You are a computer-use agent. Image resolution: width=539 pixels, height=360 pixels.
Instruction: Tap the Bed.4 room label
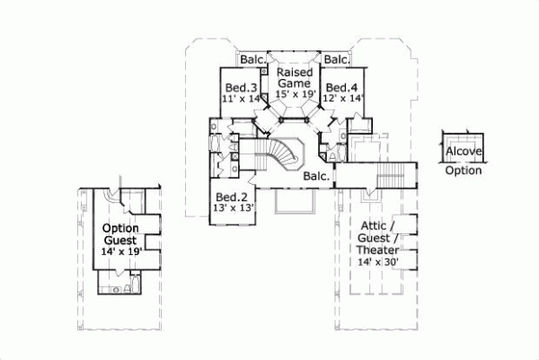point(342,87)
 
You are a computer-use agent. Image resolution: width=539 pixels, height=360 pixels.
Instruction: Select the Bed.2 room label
point(231,198)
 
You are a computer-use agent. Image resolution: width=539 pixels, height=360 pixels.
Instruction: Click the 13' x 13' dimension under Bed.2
point(232,208)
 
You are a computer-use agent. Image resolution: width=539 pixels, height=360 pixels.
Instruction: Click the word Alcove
point(464,152)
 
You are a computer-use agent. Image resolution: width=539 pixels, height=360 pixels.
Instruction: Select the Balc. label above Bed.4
point(336,60)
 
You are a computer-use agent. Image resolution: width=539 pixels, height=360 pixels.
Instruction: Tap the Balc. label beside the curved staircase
point(315,176)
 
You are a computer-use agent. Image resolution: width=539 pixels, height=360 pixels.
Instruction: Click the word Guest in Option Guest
point(119,241)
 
